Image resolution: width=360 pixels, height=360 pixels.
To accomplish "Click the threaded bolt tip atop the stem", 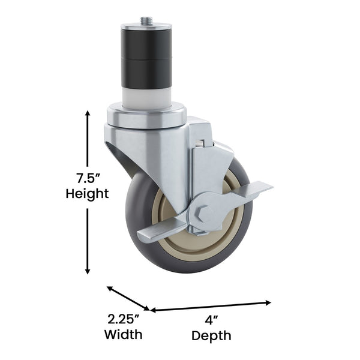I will [x=146, y=21].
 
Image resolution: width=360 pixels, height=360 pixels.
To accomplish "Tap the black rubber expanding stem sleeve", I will [x=146, y=57].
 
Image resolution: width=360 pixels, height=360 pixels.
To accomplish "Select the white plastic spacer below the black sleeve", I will [x=146, y=95].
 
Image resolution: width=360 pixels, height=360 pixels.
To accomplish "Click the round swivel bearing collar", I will [x=146, y=115].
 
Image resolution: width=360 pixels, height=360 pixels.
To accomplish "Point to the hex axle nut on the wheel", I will [x=203, y=213].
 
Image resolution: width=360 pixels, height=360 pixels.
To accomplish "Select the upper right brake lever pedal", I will [x=255, y=191].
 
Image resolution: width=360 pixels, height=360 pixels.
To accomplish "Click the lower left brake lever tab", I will [x=153, y=235].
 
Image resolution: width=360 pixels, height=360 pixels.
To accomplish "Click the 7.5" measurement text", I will [x=87, y=178].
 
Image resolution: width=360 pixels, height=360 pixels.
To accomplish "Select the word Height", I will [x=87, y=194].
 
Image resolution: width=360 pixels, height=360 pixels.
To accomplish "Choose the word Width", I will [x=123, y=334].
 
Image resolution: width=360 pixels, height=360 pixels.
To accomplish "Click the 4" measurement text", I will [x=211, y=320].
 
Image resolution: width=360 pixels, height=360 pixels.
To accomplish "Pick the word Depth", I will [x=211, y=336].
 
